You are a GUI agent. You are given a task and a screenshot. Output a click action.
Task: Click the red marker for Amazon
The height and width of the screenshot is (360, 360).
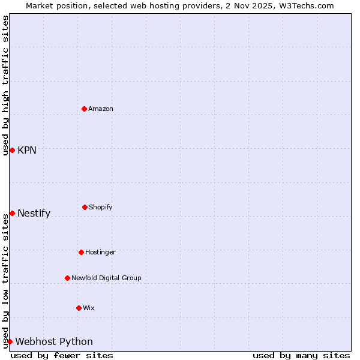point(84,109)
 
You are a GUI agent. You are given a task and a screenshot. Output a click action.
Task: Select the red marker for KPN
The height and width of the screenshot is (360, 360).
point(12,150)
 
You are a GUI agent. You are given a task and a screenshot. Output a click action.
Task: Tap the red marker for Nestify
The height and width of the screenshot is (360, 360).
point(12,213)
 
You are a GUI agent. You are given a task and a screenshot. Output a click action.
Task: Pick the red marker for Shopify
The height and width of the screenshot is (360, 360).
point(85,207)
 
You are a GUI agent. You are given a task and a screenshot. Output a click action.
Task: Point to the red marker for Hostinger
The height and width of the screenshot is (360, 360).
point(81,252)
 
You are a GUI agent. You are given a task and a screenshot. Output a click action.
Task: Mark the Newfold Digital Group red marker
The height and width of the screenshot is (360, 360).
point(67,278)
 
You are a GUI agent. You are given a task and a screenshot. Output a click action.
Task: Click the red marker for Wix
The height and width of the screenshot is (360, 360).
point(79,308)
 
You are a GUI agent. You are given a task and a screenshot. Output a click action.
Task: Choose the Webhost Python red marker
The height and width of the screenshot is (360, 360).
point(10,341)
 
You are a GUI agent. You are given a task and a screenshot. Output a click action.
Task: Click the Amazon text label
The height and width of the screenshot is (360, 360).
point(101,109)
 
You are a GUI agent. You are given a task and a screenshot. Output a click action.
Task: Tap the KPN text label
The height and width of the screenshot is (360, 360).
point(27,150)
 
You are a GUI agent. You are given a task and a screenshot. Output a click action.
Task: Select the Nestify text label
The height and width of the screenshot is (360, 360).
point(34,213)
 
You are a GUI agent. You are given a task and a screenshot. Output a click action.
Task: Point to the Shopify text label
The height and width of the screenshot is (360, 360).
point(101,207)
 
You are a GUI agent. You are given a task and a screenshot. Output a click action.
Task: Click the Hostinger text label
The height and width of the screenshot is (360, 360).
point(100,252)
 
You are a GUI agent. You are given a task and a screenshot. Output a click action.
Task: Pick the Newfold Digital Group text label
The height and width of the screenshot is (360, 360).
point(106,278)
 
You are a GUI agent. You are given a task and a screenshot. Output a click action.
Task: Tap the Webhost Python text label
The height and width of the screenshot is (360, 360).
point(54,341)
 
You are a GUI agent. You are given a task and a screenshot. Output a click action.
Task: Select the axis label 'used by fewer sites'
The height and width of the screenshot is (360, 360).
point(62,355)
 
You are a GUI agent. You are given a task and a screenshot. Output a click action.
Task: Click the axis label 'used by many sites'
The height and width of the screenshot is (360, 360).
point(301,355)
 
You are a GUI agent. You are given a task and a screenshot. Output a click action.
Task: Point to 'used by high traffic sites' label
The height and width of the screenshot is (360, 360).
point(5,85)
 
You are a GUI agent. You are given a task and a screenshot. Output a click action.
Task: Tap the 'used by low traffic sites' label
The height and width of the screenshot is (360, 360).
point(5,281)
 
